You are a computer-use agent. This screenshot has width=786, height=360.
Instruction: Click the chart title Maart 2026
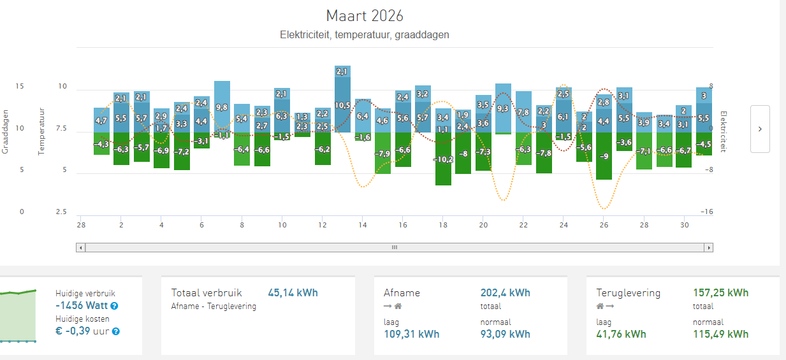365,15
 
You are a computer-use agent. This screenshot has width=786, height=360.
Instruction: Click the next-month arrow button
760,129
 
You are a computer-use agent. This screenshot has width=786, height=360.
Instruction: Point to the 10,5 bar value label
342,105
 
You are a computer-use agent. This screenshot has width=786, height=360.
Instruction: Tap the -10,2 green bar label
443,159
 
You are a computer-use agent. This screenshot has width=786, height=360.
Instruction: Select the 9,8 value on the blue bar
222,107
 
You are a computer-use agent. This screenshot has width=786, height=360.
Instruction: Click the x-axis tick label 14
363,225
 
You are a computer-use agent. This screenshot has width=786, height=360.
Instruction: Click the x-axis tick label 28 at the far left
81,225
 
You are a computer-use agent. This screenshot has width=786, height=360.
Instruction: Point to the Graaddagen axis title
5,131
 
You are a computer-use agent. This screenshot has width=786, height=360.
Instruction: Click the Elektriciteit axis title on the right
723,131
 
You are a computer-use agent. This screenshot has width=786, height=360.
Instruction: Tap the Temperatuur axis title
41,131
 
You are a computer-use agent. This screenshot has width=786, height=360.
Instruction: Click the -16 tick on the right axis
706,212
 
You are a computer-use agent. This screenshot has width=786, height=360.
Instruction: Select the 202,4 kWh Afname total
505,293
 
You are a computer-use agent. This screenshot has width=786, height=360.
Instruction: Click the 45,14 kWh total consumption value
293,293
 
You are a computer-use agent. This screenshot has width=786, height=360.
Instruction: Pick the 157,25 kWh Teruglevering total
720,293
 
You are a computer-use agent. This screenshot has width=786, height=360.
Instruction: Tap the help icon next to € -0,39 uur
116,331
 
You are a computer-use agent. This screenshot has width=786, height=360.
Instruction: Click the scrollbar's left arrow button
80,247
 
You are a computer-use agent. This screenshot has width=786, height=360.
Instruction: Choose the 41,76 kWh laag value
621,334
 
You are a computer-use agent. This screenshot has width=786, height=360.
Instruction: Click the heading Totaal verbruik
207,293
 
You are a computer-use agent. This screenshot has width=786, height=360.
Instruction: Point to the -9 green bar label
604,156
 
